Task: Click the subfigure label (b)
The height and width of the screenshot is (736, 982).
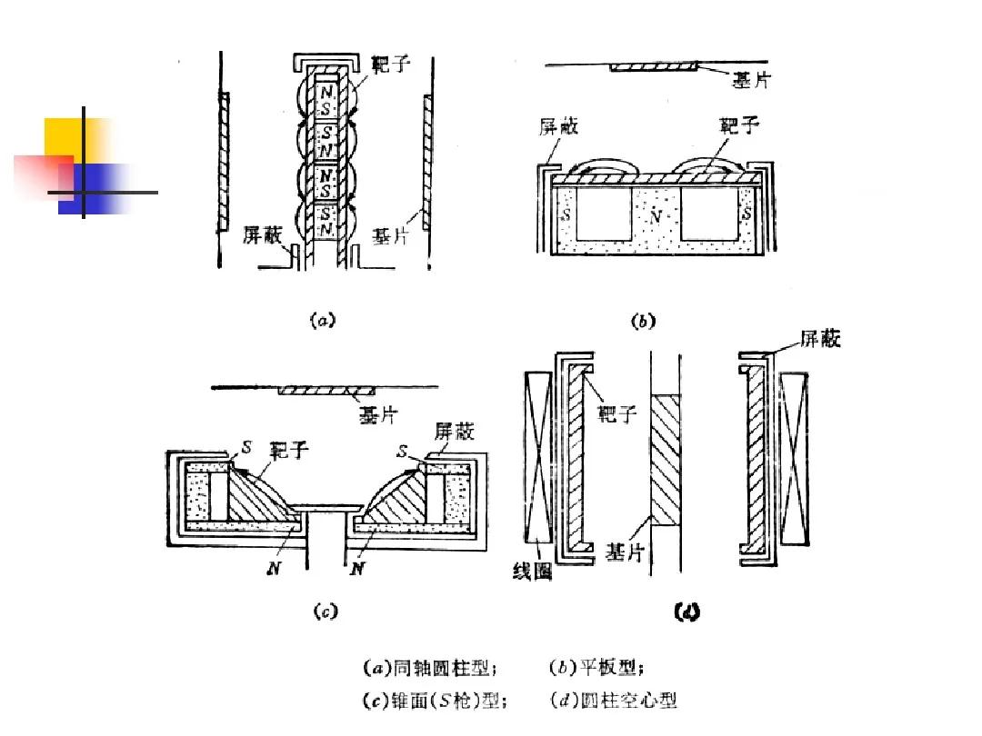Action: tap(642, 321)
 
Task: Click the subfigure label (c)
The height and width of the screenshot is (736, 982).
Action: tap(326, 612)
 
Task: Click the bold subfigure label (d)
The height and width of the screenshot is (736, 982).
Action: tap(686, 612)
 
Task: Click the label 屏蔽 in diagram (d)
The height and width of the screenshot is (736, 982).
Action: tap(820, 339)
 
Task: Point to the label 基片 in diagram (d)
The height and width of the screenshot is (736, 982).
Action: tap(626, 552)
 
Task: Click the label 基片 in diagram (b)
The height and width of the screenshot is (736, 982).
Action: tap(751, 80)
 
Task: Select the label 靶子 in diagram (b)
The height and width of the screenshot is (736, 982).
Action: tap(738, 124)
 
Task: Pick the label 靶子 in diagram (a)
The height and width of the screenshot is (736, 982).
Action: tap(392, 65)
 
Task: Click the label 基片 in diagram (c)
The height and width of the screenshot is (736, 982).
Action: tap(376, 415)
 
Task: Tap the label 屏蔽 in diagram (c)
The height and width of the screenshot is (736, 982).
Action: tap(455, 430)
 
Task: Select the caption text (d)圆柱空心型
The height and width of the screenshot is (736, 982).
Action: tap(614, 701)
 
